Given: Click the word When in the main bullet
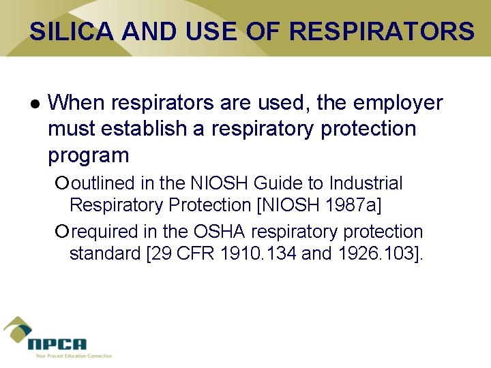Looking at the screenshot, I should click(75, 103).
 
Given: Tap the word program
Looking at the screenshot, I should click(88, 156).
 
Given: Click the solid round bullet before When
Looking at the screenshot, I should click(35, 104).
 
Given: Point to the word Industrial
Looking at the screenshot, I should click(366, 183).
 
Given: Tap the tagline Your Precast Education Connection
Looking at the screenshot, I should click(70, 356).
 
